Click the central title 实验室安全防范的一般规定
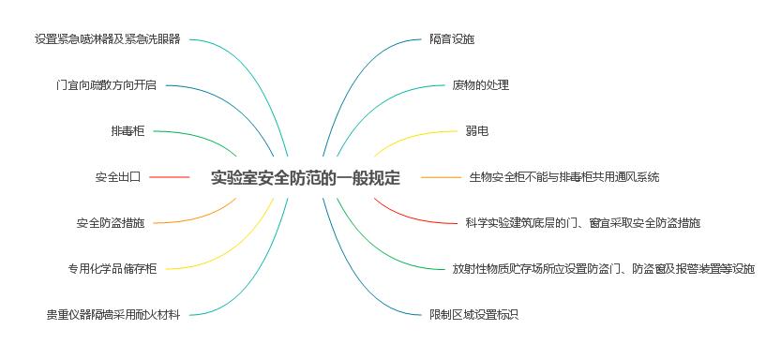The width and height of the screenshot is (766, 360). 305,177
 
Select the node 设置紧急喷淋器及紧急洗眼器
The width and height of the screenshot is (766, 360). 107,39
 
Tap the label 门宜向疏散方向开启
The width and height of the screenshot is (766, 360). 106,85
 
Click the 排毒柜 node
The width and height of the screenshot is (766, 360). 128,131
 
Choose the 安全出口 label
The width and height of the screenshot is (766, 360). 117,176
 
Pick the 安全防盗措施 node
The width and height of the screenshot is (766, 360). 111,223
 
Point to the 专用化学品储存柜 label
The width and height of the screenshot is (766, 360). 112,269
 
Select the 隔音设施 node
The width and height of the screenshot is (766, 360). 452,39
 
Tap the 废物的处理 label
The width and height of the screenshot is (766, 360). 480,85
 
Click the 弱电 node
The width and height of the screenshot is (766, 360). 476,131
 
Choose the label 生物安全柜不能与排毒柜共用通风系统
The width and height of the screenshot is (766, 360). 564,176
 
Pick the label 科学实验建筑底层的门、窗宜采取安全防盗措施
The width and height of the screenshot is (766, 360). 582,223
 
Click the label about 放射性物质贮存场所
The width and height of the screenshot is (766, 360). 603,269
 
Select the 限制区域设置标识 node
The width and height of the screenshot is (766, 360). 473,315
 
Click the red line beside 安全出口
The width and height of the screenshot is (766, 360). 170,176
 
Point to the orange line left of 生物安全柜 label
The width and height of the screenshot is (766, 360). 441,176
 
